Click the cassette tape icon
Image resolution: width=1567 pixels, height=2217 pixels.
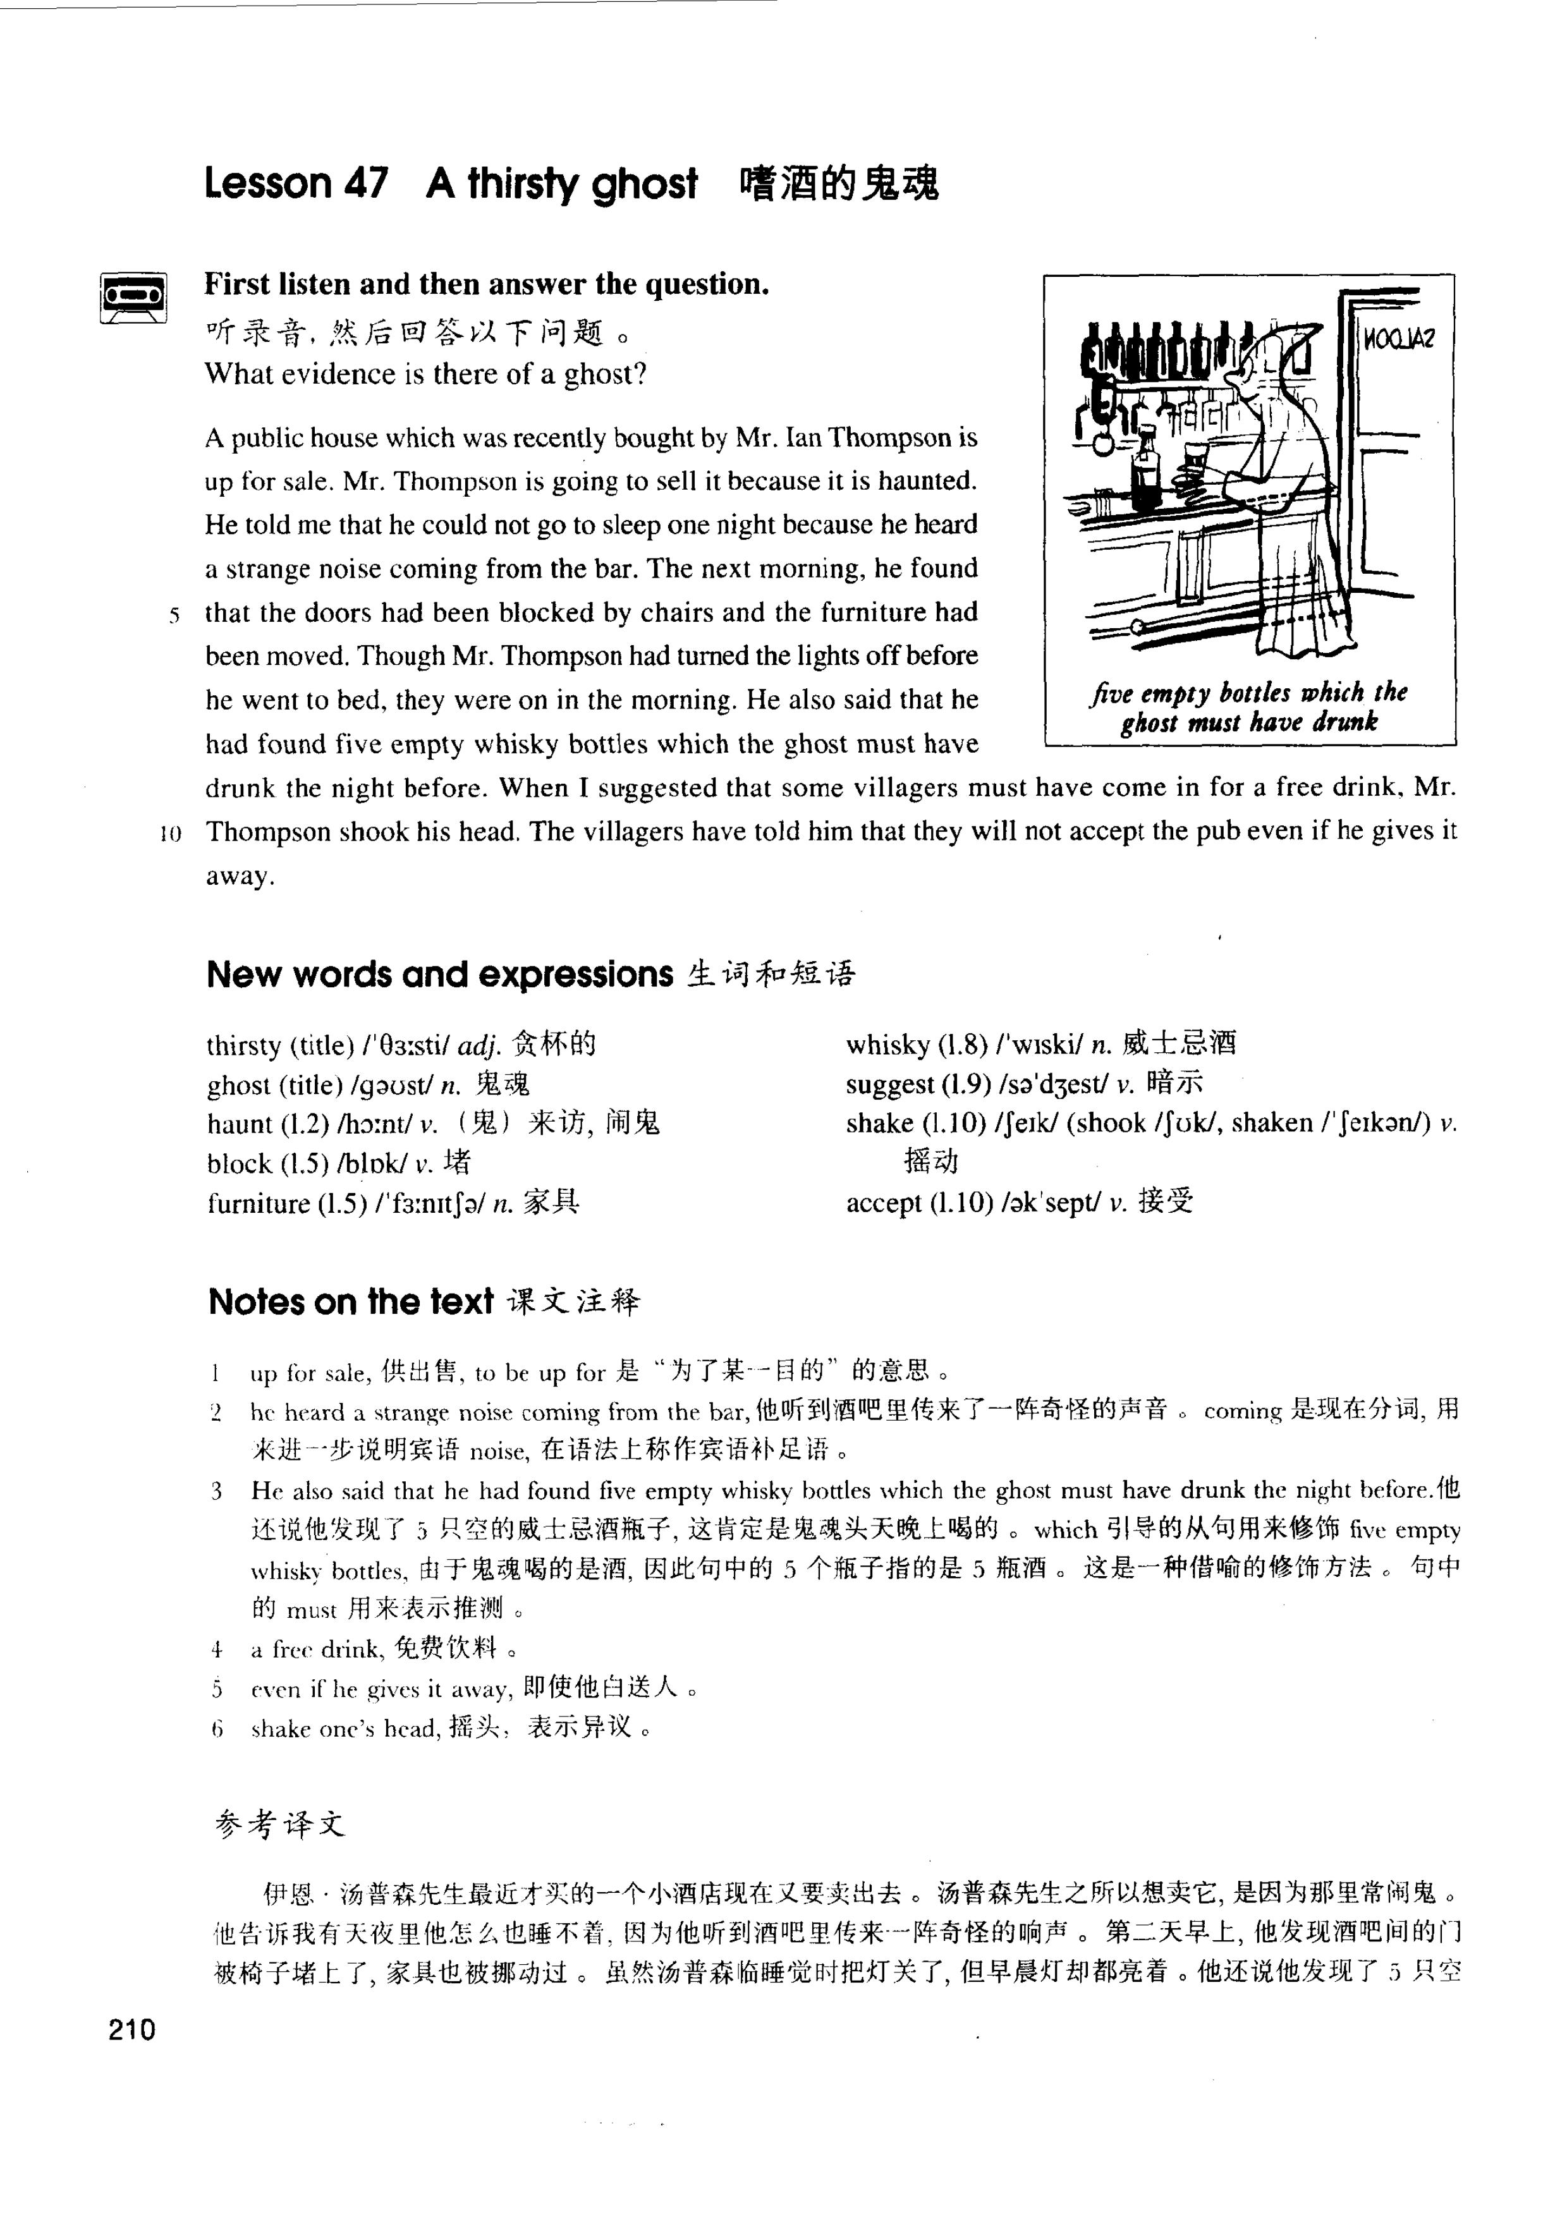pyautogui.click(x=133, y=296)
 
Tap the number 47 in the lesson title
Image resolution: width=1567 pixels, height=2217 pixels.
pyautogui.click(x=365, y=183)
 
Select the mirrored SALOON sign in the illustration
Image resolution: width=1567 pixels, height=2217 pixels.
pyautogui.click(x=1398, y=338)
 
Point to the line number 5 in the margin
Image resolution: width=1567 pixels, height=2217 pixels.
pyautogui.click(x=174, y=615)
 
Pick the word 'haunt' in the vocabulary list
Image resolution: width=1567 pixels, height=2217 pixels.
pyautogui.click(x=240, y=1124)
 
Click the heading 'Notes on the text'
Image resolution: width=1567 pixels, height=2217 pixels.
pyautogui.click(x=350, y=1302)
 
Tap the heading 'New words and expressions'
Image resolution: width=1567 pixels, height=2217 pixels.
pyautogui.click(x=439, y=975)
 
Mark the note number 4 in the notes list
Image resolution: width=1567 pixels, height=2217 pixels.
pyautogui.click(x=217, y=1649)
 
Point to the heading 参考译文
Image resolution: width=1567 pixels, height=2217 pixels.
pyautogui.click(x=280, y=1823)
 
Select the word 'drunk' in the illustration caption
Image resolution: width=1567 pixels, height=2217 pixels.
pyautogui.click(x=1345, y=721)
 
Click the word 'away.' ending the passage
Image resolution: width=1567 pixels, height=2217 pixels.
pyautogui.click(x=240, y=877)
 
